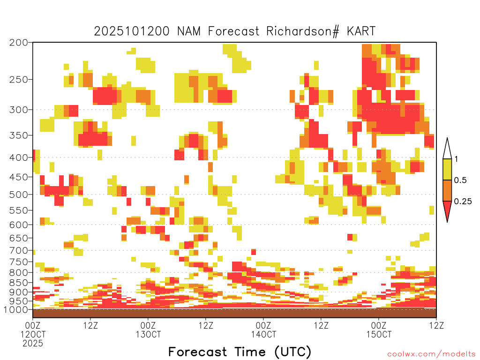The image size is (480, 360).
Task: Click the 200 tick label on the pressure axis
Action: (x=18, y=42)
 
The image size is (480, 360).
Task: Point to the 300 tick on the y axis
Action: (x=18, y=110)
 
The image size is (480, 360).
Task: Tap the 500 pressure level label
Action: (x=18, y=195)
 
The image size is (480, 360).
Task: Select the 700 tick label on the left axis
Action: (x=18, y=250)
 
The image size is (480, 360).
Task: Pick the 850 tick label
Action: (x=18, y=283)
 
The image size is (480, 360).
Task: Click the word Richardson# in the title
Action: (x=303, y=31)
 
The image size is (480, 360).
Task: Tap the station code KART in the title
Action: (x=361, y=31)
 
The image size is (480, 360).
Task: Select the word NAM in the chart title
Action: (x=188, y=31)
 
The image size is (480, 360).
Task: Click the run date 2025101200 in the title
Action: (x=132, y=31)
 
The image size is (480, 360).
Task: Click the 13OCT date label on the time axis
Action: (x=148, y=334)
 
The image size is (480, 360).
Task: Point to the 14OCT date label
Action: (x=263, y=334)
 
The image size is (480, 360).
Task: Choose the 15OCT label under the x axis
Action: (x=379, y=334)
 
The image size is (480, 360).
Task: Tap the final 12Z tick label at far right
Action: (x=436, y=325)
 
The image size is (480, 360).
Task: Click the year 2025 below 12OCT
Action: (x=33, y=344)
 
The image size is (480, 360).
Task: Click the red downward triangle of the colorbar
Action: (x=447, y=210)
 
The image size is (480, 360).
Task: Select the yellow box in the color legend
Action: (x=447, y=169)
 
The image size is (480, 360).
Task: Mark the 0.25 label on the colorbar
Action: (x=463, y=202)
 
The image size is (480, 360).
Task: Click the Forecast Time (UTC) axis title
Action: (x=240, y=352)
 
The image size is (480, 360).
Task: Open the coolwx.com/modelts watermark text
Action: (x=431, y=354)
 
